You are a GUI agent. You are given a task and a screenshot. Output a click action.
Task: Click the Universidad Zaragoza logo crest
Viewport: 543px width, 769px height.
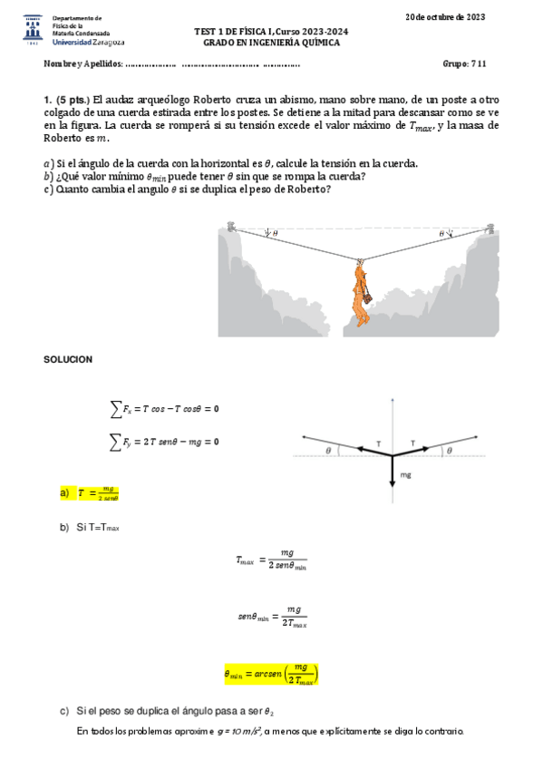(34, 29)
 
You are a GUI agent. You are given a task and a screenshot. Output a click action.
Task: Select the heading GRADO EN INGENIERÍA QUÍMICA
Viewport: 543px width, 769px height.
(271, 43)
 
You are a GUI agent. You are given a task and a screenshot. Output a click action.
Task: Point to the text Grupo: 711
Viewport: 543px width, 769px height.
(465, 64)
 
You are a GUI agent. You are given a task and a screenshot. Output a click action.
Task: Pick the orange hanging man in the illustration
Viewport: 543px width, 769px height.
(362, 294)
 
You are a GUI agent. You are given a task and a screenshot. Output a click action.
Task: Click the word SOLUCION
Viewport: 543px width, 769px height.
(68, 360)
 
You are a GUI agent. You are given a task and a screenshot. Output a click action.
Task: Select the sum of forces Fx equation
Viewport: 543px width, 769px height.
(164, 409)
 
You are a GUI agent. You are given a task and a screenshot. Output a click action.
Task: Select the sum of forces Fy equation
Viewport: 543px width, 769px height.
(164, 442)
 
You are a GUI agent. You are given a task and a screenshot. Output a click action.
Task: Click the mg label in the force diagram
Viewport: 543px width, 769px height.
(405, 474)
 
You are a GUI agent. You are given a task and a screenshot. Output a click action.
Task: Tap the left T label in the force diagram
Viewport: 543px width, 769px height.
(379, 444)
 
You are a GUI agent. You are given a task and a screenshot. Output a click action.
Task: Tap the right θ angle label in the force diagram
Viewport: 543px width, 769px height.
(447, 449)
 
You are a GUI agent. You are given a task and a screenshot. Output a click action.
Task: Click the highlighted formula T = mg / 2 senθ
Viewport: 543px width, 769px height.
(99, 492)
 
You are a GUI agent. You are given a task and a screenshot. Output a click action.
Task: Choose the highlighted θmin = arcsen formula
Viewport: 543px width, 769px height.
(271, 673)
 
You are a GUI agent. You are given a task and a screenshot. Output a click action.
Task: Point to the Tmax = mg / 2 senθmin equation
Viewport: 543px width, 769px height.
(271, 559)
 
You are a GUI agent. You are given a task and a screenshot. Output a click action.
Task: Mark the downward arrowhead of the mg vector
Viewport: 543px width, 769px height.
(393, 486)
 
